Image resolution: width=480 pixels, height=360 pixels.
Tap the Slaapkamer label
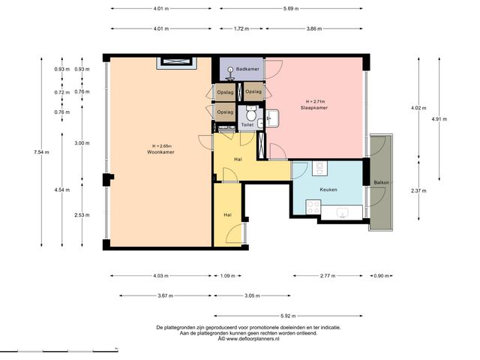point(314,108)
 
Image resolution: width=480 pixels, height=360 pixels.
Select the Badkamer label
point(247,69)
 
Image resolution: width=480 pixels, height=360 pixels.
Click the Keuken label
point(328,190)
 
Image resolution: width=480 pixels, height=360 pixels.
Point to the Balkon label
point(382,183)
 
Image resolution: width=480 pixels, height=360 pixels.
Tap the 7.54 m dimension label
point(42,152)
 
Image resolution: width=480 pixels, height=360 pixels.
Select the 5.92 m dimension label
point(288,316)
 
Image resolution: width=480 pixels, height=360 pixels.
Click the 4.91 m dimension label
point(439,119)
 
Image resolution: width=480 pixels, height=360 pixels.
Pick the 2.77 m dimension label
point(328,276)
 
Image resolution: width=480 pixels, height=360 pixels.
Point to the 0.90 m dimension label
point(382,276)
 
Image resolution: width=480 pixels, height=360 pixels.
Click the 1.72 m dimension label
point(241,28)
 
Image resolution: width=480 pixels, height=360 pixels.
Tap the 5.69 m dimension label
point(291,8)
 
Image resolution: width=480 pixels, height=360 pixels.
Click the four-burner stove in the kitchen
point(313,207)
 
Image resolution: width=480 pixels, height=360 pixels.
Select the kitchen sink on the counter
point(342,213)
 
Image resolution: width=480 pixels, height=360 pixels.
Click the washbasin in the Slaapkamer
point(272,118)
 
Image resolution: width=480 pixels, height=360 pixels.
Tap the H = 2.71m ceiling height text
point(315,102)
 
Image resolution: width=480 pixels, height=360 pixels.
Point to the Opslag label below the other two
point(225,112)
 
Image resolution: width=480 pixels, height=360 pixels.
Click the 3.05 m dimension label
point(252,296)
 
